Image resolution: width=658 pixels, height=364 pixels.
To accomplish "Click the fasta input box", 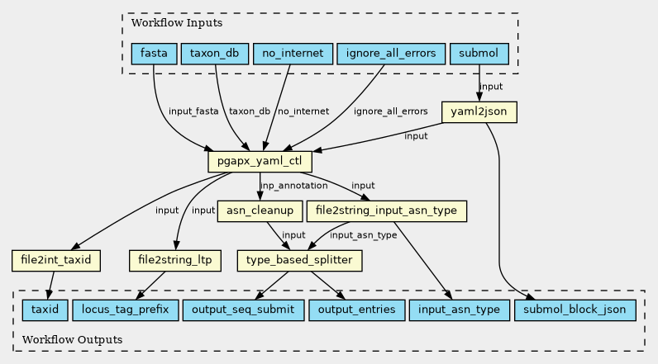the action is [x=154, y=54].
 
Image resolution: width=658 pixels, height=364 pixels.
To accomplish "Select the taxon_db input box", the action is [x=214, y=54].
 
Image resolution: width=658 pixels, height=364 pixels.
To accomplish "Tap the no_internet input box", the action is [x=293, y=54].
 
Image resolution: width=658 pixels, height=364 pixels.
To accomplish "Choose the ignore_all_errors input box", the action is [x=391, y=54].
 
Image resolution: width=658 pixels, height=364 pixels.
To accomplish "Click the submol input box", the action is [x=479, y=54].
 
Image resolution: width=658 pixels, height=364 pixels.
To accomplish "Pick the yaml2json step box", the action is [x=479, y=111].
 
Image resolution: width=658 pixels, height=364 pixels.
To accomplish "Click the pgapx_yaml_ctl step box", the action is [x=260, y=161].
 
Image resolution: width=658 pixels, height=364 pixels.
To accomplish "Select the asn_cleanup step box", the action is [x=260, y=210].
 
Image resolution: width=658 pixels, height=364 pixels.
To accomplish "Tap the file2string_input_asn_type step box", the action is [x=387, y=210].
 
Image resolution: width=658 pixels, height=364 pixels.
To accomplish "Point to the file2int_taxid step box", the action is [x=56, y=261].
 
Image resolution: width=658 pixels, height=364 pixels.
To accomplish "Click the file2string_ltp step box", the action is [x=175, y=261].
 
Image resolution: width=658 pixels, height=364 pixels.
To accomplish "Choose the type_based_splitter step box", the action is [x=299, y=261].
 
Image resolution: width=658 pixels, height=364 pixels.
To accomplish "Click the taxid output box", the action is [x=45, y=310].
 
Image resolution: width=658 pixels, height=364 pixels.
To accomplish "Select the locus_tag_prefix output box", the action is [x=126, y=310].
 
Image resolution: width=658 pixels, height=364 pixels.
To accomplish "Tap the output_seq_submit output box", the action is [x=243, y=310].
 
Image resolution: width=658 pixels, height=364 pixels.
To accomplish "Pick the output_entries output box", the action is [x=357, y=310].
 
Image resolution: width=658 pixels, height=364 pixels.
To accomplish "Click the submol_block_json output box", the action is [x=575, y=310].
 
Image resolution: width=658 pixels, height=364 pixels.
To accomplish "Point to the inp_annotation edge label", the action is [x=293, y=186].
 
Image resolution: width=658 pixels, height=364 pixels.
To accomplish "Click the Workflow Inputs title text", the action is [x=177, y=22].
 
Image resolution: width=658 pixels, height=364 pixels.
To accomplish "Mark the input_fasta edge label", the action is [x=193, y=111].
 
